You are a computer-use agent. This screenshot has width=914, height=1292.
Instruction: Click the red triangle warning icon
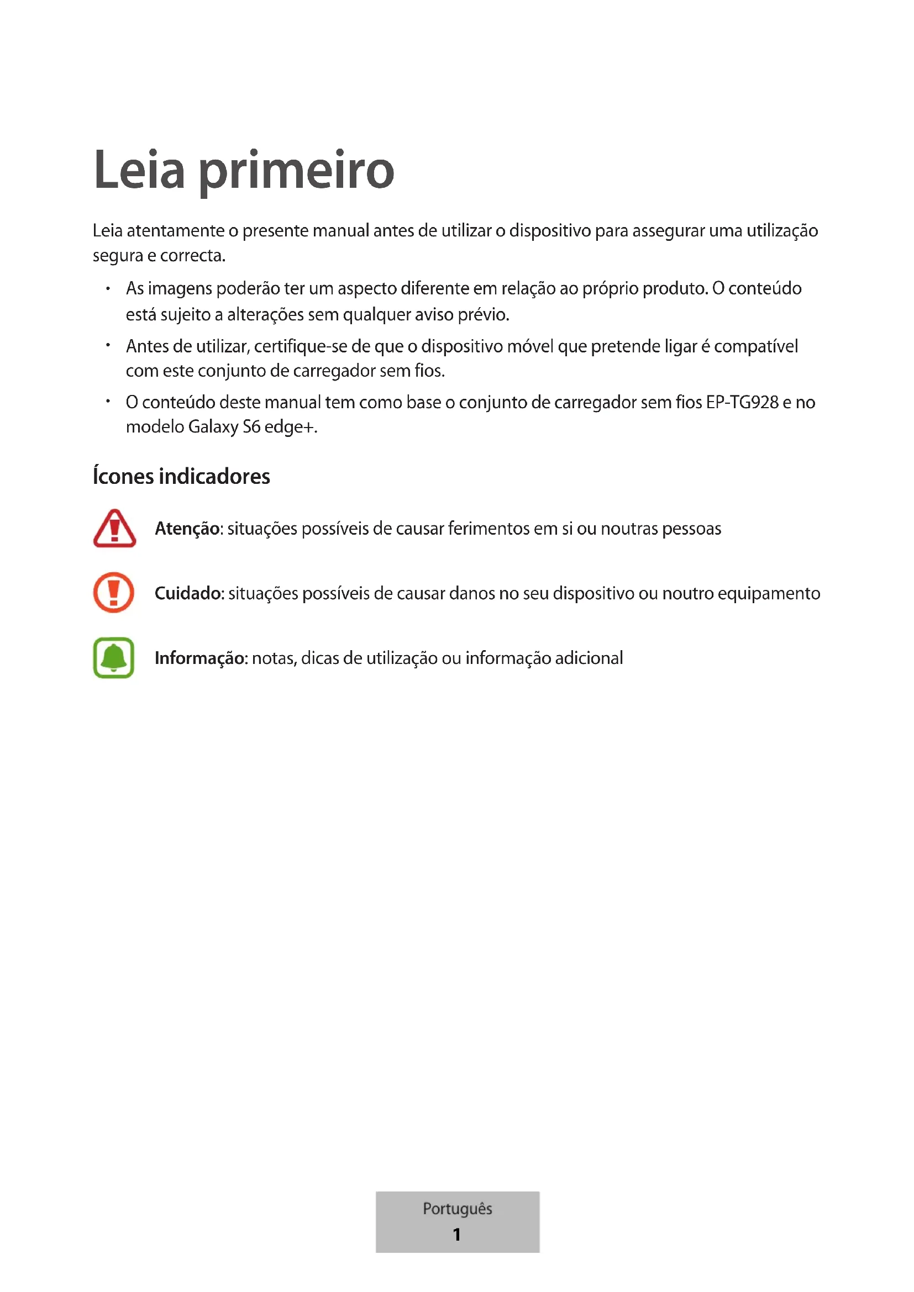point(114,529)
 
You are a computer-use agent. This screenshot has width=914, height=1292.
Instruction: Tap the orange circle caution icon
point(114,593)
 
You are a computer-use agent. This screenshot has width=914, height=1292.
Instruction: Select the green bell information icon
point(114,657)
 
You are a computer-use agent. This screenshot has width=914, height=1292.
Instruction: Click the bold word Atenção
point(187,529)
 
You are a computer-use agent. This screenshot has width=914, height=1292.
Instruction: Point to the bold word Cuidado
point(189,594)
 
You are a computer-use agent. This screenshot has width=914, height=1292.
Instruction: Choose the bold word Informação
point(201,658)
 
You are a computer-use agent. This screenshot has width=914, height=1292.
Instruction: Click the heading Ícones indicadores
point(181,477)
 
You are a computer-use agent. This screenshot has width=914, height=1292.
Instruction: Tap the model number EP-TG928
point(742,403)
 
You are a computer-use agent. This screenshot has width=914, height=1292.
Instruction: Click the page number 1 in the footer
point(456,1234)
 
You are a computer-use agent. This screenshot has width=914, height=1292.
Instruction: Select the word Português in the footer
point(457,1208)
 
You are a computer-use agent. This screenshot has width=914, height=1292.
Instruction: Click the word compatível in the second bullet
point(755,347)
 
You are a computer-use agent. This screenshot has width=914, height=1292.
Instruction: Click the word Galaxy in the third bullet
point(213,428)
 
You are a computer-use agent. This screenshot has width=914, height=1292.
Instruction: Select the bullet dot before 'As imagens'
point(108,289)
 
